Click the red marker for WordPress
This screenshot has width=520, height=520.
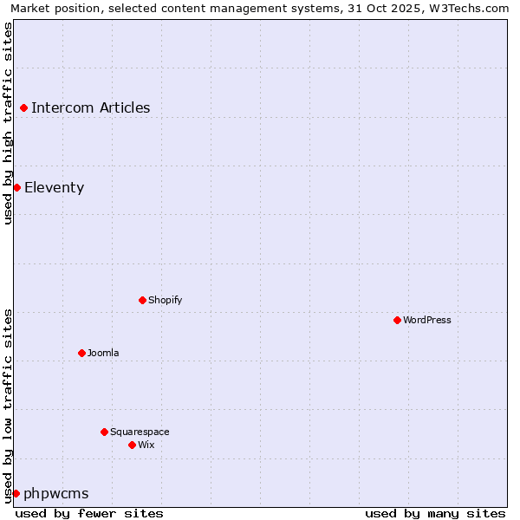(x=397, y=320)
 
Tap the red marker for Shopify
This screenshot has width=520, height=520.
(x=142, y=300)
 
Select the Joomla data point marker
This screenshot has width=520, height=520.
(x=81, y=353)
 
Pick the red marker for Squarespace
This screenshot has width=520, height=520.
(x=104, y=432)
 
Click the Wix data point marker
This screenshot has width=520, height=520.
(x=132, y=445)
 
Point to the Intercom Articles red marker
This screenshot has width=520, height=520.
(x=24, y=108)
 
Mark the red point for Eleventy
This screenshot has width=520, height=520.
(x=16, y=187)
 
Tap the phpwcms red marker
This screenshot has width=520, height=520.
(x=16, y=493)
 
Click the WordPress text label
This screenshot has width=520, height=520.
(x=427, y=320)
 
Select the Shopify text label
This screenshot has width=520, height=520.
(x=166, y=300)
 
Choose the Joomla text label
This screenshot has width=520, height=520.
(x=103, y=353)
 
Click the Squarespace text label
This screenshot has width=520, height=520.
(x=140, y=432)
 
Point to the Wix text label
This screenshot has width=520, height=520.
(x=146, y=445)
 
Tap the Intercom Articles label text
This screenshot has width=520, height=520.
(x=91, y=108)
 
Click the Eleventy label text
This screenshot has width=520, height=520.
(x=55, y=187)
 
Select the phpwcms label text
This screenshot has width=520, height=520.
(x=56, y=493)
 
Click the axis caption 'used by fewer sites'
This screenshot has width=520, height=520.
(x=89, y=513)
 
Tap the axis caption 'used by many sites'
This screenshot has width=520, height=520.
(x=435, y=513)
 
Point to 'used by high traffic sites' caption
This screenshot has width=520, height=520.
(x=9, y=123)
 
